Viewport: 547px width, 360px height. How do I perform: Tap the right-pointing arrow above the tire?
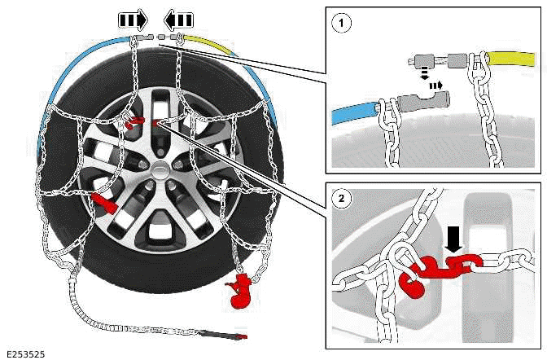(133, 19)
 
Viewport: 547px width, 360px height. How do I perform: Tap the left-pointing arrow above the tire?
(180, 19)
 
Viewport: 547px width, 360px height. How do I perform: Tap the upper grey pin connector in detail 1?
(426, 63)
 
